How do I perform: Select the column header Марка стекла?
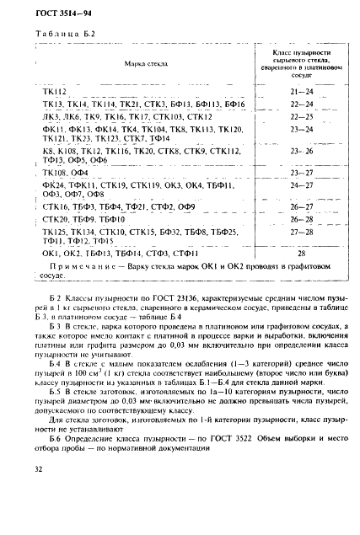141,64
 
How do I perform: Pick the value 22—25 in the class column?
300,116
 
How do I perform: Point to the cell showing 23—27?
300,170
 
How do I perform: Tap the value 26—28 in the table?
300,218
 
